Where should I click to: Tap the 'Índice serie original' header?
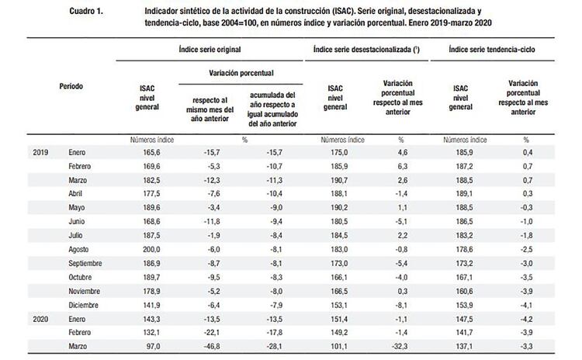tap(209, 49)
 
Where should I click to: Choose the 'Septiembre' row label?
tap(87, 264)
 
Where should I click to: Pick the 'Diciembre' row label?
tap(85, 304)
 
